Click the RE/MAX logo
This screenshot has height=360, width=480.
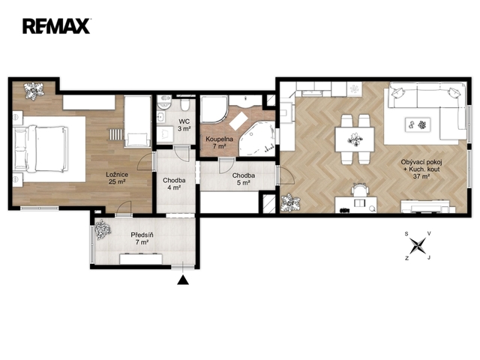click(56, 26)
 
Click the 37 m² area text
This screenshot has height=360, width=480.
click(421, 176)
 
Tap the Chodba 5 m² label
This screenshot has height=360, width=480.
click(243, 179)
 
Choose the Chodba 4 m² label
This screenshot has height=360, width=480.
click(174, 184)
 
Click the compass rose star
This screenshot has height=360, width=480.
click(418, 245)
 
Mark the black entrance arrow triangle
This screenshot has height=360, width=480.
click(183, 280)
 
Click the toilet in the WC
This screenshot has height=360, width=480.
click(184, 105)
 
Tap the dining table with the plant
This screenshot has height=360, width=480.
click(355, 139)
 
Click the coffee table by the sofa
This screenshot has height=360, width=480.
click(418, 124)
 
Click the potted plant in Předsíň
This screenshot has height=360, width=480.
click(103, 229)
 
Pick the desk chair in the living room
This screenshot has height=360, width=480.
click(360, 190)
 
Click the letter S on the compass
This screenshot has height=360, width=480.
click(406, 234)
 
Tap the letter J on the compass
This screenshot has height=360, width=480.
click(429, 258)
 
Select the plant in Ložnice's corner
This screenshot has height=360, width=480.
click(34, 90)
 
